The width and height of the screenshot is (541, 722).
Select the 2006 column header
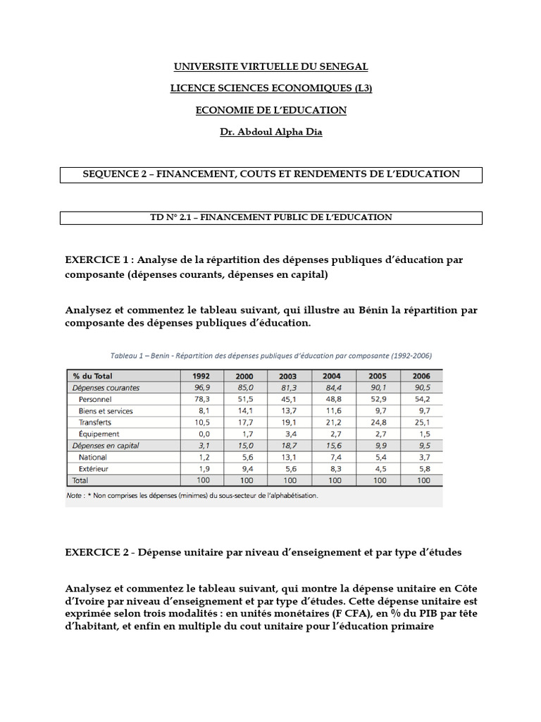[423, 376]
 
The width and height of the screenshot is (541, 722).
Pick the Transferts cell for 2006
[423, 422]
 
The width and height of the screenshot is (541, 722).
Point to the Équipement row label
[99, 434]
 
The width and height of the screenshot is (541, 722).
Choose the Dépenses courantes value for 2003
[291, 387]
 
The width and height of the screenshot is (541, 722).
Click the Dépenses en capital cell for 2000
[247, 446]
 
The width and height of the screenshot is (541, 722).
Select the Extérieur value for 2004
[335, 468]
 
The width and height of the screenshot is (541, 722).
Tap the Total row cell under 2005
[379, 480]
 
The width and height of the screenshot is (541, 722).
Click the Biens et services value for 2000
[247, 410]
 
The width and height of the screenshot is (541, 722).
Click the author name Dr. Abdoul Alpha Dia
[271, 132]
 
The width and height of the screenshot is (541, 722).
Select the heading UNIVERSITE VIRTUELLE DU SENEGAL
[271, 67]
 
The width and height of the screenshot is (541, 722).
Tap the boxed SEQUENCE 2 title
[271, 174]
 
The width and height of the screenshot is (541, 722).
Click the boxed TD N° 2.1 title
[271, 218]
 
